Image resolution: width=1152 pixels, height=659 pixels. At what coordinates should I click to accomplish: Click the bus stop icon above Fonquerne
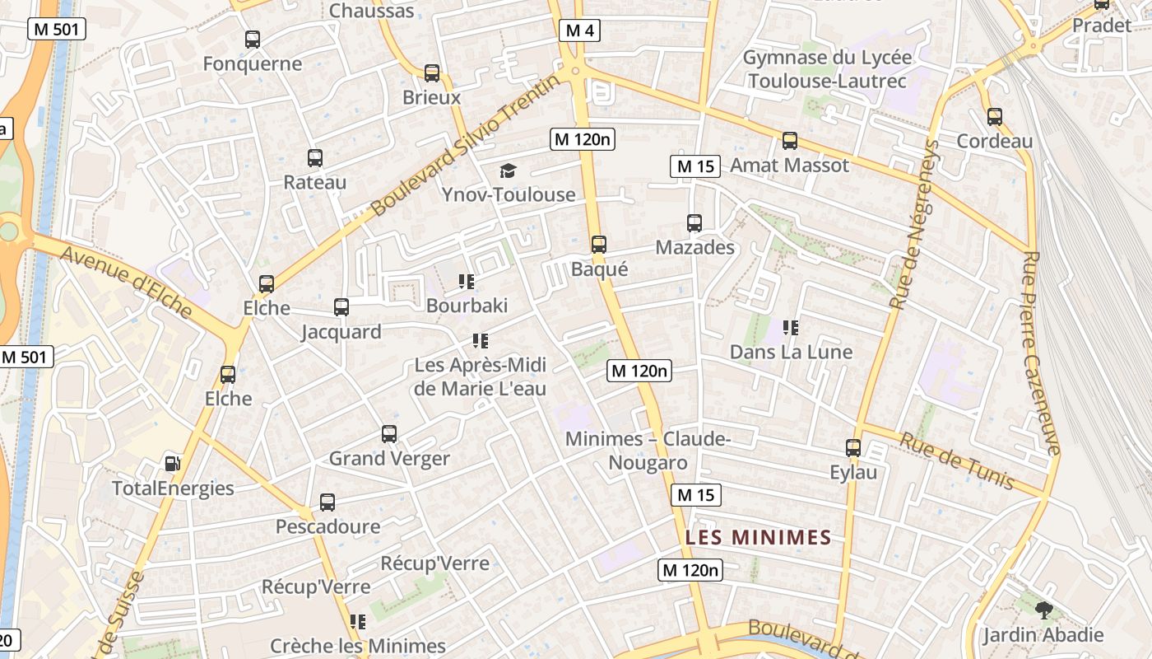(253, 39)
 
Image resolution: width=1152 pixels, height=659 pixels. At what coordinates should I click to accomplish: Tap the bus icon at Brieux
(431, 73)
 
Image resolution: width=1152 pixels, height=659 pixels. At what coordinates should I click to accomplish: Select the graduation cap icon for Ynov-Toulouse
(508, 171)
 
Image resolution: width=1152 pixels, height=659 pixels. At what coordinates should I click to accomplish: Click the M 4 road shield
(580, 31)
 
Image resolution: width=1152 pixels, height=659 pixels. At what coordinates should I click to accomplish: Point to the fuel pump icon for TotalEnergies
(172, 463)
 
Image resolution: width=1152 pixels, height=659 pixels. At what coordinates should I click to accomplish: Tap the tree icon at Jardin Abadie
(1043, 610)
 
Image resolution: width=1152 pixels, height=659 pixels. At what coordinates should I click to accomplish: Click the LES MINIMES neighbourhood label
(758, 538)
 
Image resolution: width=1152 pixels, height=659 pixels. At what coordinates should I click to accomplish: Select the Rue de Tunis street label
(956, 460)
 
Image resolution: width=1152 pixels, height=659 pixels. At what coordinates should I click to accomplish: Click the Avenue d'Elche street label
(127, 283)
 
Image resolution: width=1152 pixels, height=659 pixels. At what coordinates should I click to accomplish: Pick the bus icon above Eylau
(853, 448)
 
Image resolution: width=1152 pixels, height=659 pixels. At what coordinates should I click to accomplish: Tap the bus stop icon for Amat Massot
(790, 141)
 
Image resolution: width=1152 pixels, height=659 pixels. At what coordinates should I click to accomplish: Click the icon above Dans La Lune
(791, 328)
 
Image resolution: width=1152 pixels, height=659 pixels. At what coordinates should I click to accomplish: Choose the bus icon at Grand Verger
(389, 434)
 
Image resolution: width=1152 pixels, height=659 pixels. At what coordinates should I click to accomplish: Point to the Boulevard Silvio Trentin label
(466, 145)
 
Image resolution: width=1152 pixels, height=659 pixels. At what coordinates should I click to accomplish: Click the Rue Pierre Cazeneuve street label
(1041, 353)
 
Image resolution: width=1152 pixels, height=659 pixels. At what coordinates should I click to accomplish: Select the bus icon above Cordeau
(994, 117)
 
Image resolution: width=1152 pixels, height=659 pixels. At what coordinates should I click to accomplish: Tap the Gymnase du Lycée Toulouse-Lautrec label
(827, 69)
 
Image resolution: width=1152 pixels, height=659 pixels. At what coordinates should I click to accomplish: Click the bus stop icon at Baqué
(599, 245)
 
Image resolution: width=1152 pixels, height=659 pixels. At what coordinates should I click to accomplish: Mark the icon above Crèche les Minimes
(357, 622)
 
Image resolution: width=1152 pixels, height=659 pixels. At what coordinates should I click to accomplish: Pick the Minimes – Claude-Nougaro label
(648, 451)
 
